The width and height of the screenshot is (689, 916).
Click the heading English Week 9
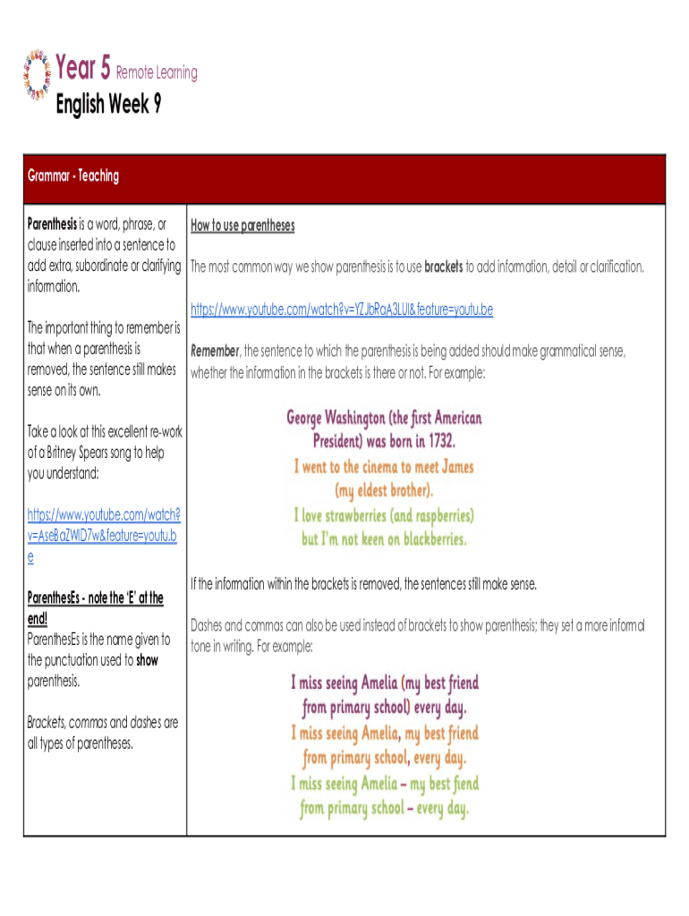click(x=108, y=106)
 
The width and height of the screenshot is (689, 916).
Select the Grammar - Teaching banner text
click(x=73, y=175)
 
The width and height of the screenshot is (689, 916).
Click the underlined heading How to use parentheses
click(x=242, y=225)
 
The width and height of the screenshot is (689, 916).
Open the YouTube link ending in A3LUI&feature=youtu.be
click(x=342, y=310)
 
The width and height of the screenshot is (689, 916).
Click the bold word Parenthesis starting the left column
click(x=52, y=224)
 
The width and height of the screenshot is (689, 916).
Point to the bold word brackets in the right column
click(x=443, y=267)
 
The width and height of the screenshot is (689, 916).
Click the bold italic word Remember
click(x=215, y=352)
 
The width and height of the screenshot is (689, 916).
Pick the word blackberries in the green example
click(x=421, y=539)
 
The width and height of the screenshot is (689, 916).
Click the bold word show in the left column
click(x=147, y=660)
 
